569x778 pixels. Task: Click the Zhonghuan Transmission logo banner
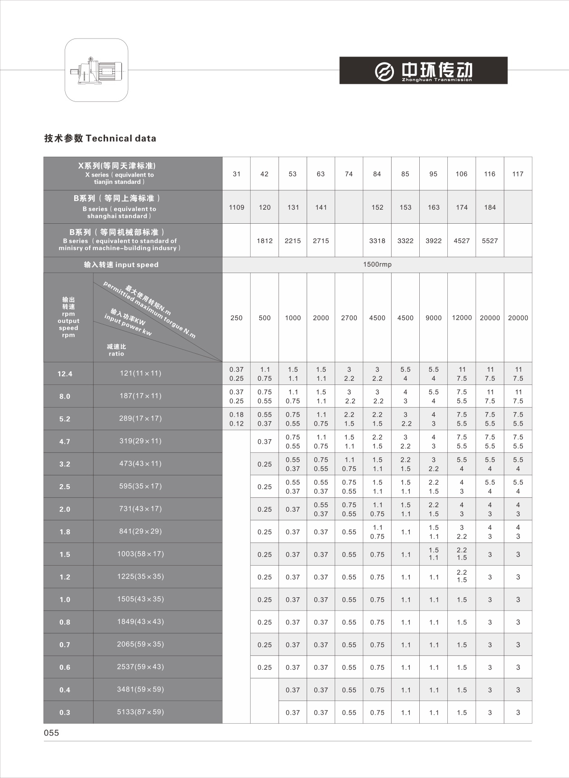tap(423, 70)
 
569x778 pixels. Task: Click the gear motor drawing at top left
tap(96, 70)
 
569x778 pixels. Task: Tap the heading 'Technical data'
tap(100, 139)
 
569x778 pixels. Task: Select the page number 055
tap(52, 733)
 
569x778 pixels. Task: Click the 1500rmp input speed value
tap(377, 264)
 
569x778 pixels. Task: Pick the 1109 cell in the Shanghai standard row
tap(237, 207)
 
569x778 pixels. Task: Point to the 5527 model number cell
tap(490, 241)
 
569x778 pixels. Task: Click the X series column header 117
tap(518, 174)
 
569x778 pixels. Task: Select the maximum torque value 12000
tap(462, 318)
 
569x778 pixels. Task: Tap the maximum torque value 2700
tap(349, 318)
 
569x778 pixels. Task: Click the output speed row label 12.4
tap(65, 374)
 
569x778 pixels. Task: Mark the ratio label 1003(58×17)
tap(140, 554)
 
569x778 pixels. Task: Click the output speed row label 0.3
tap(65, 712)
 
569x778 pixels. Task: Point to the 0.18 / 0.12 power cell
tap(237, 419)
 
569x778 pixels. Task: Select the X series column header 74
tap(349, 174)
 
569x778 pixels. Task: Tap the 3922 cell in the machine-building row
tap(433, 241)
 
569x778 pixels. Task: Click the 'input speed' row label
tap(121, 264)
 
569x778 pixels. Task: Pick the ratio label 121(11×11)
tap(140, 373)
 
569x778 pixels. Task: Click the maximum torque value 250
tap(237, 318)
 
